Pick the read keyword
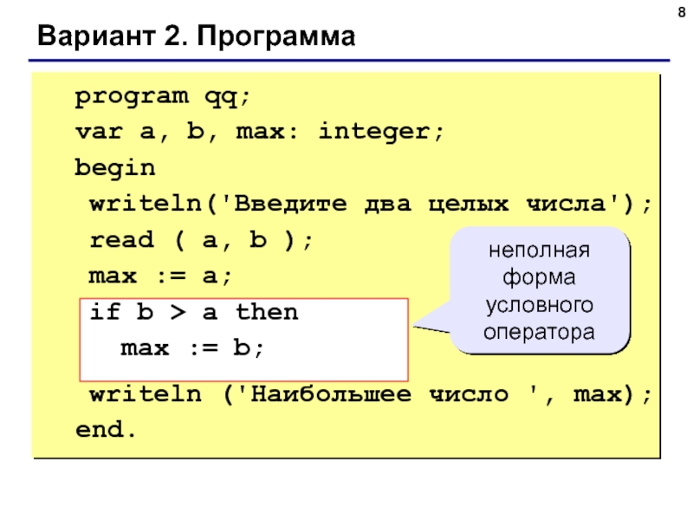121,239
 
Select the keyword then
266,311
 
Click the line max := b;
190,348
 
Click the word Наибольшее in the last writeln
325,395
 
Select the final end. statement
105,430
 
